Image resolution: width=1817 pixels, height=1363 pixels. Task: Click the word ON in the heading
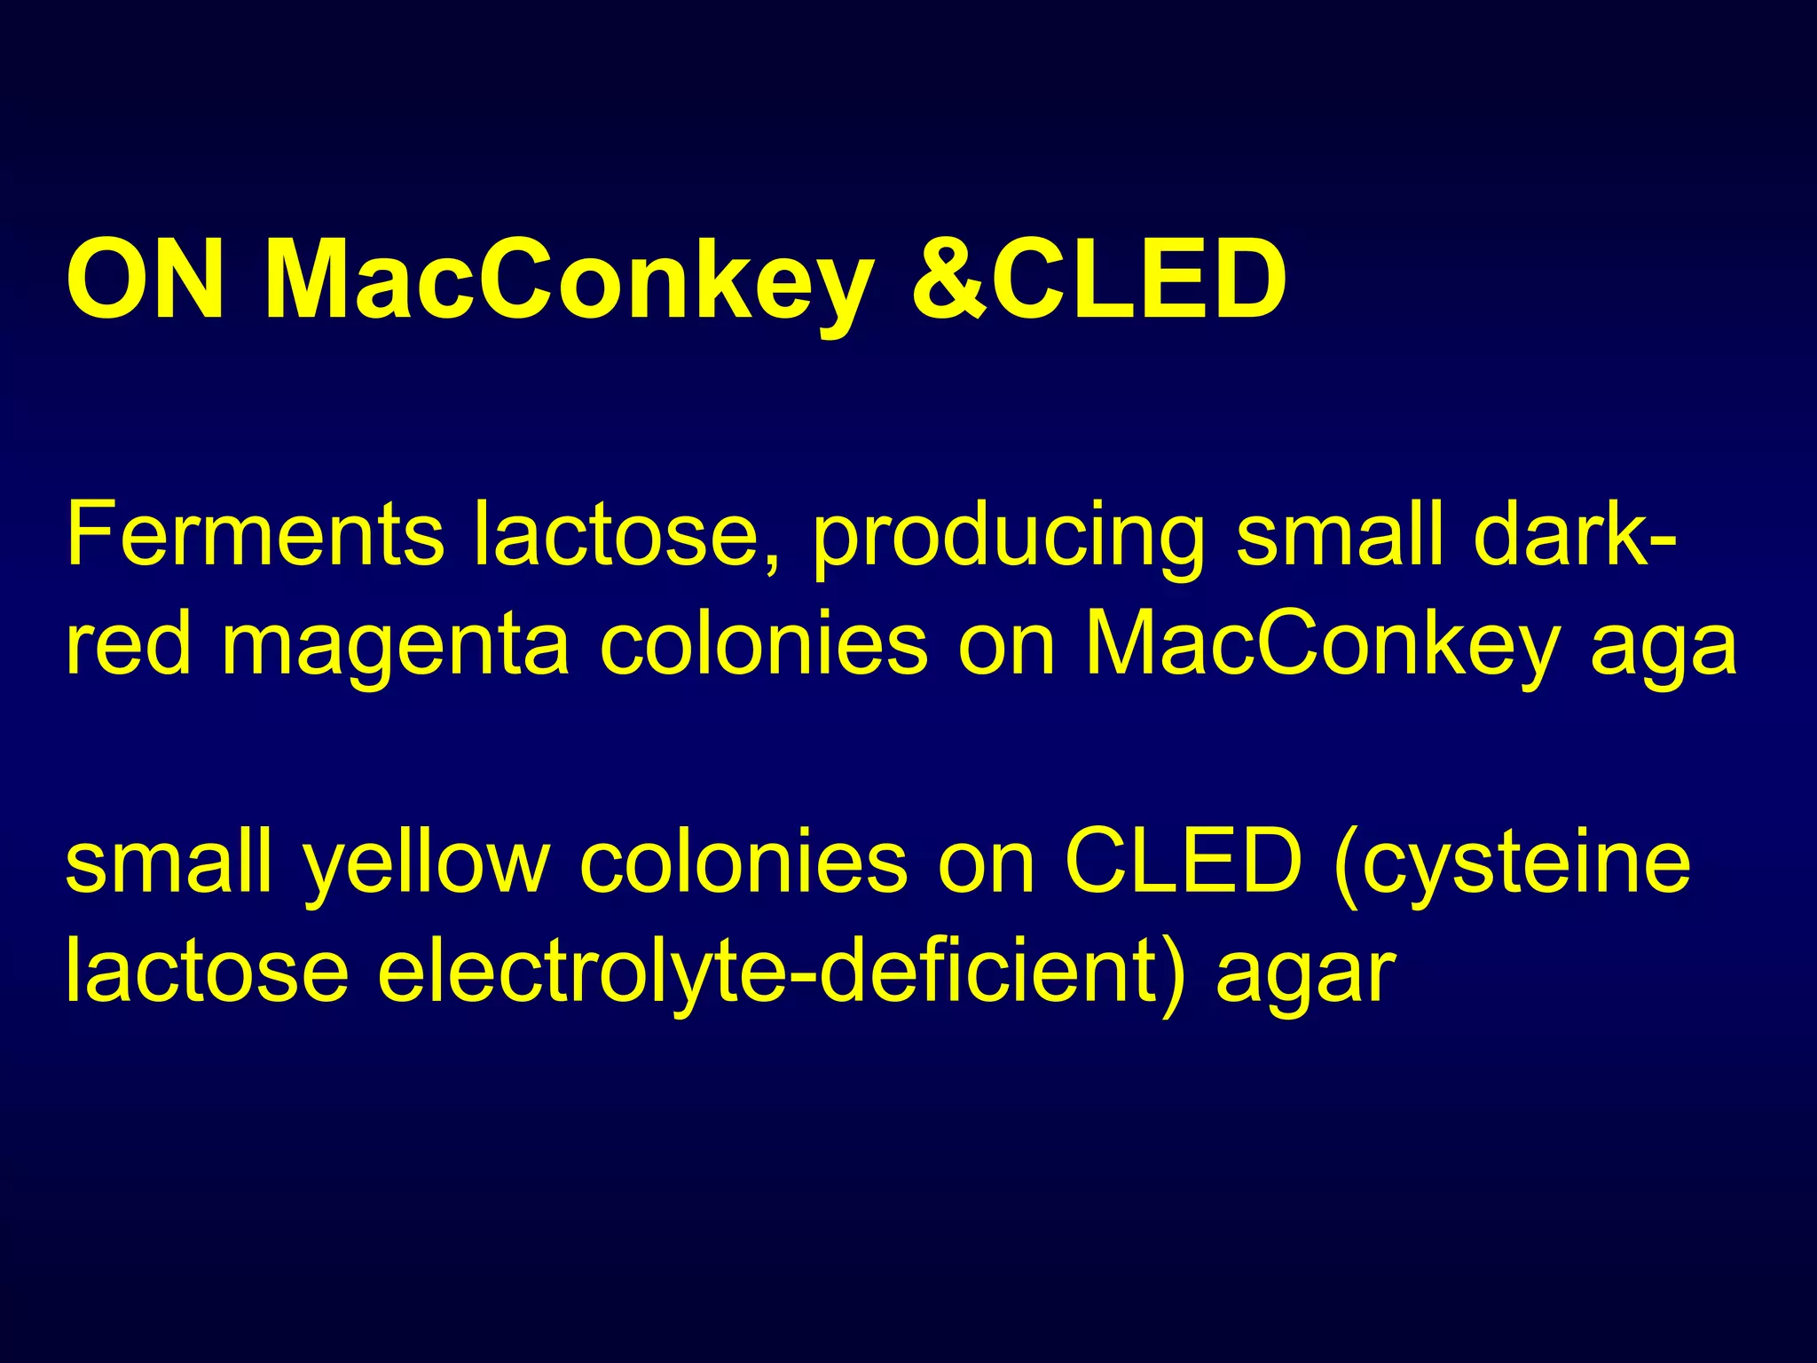point(146,280)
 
